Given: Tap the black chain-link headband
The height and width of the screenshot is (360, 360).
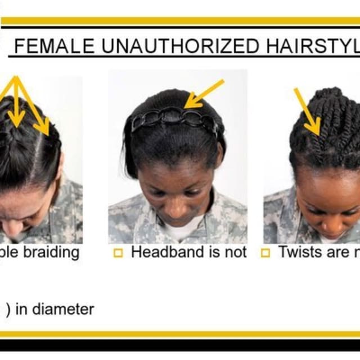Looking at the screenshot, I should (x=174, y=119).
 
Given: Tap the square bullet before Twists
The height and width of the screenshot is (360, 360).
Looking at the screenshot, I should (x=265, y=254).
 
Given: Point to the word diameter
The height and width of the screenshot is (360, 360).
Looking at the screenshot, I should (x=62, y=309).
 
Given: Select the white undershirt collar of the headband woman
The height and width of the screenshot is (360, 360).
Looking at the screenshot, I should (x=178, y=231).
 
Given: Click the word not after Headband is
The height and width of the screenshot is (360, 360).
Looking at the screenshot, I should (x=235, y=253).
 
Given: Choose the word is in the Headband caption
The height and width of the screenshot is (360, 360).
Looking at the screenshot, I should (x=215, y=253).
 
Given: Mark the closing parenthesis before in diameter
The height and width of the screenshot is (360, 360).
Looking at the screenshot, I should (x=8, y=309).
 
